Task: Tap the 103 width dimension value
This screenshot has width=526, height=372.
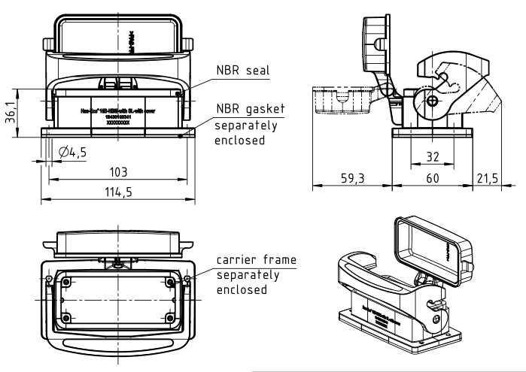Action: [117, 171]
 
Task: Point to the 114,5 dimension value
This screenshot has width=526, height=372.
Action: [117, 192]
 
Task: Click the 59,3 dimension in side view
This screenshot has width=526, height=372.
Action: [352, 181]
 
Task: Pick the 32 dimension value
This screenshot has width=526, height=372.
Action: [430, 158]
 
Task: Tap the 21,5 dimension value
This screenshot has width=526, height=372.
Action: [487, 181]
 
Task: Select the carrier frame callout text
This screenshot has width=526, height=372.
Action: [256, 260]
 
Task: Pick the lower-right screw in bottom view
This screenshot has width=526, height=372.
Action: [171, 318]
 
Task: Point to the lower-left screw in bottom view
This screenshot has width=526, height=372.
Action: [66, 318]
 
